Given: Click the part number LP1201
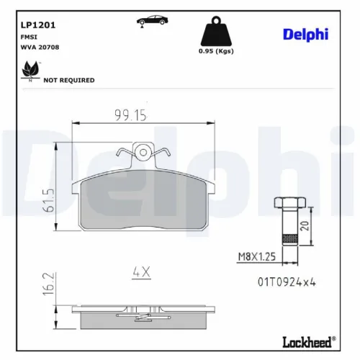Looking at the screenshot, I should tap(30, 24).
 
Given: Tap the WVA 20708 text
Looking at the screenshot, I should tap(33, 48).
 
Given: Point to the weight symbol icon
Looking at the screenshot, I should tap(215, 32).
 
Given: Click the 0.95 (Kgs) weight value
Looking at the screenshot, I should tap(215, 52).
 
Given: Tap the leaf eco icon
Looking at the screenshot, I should tap(30, 70).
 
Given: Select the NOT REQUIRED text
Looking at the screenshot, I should tap(69, 80).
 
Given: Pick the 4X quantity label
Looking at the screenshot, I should tap(140, 271).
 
